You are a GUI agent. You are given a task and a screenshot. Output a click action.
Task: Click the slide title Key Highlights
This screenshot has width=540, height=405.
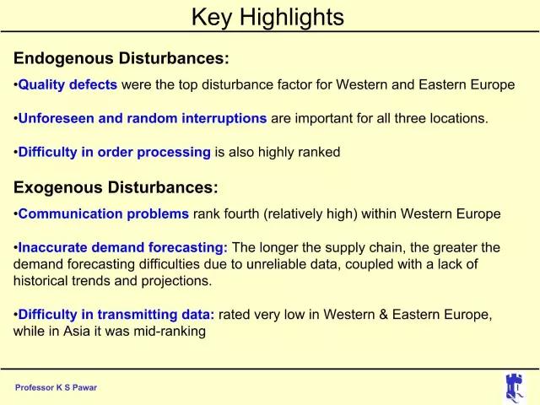267,17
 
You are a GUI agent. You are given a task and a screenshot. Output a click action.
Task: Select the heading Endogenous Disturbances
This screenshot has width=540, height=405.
121,58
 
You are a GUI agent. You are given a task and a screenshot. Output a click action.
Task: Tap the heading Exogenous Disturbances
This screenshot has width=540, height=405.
116,187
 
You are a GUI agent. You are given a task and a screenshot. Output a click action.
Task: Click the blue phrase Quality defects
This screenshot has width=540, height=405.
67,84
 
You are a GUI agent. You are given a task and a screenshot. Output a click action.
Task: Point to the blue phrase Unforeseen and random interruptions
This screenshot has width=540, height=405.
143,118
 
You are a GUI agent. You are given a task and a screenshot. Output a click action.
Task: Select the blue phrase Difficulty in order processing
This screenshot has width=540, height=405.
115,152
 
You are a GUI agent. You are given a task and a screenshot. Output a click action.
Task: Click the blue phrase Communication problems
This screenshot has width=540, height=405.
103,213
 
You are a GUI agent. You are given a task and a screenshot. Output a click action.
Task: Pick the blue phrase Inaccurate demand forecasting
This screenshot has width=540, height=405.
122,247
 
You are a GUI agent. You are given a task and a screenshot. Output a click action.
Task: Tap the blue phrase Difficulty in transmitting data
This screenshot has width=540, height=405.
116,315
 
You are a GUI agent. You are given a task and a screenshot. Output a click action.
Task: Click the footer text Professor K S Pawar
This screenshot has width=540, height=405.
57,387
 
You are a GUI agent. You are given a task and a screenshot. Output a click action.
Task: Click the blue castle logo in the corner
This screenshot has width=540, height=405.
515,387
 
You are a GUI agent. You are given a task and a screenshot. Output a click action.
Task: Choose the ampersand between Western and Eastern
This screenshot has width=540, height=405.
383,315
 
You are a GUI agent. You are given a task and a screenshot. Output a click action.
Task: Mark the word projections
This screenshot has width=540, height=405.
176,281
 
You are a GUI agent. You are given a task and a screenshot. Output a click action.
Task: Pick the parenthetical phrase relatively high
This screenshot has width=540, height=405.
310,214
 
